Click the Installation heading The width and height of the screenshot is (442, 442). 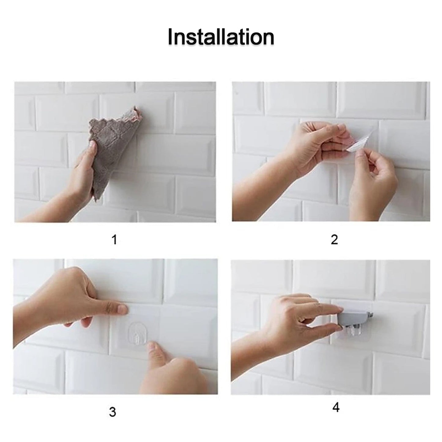(221, 37)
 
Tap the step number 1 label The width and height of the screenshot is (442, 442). (114, 240)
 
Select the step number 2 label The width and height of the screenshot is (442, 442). (334, 240)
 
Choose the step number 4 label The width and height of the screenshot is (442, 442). (336, 407)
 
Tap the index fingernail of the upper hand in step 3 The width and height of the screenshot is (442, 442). (122, 310)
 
